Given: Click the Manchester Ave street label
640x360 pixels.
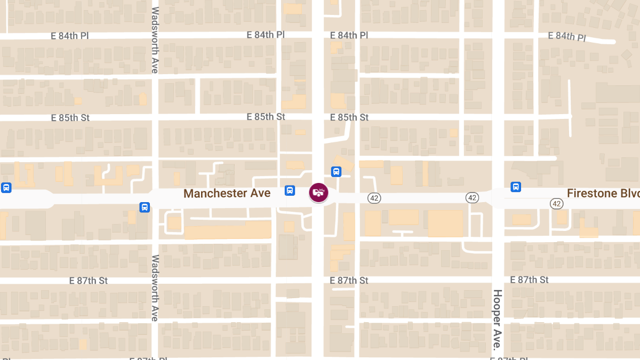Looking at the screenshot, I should [x=227, y=193].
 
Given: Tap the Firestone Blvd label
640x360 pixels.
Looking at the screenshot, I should [x=602, y=193].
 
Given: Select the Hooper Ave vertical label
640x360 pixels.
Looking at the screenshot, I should [x=497, y=319].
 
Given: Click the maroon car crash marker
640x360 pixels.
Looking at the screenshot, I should [x=318, y=193].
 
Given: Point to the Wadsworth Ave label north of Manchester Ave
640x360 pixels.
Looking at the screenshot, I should [x=155, y=40].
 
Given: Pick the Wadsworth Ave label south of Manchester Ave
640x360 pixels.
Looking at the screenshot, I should [x=155, y=287].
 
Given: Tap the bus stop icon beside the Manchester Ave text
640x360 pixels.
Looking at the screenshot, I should [x=290, y=190].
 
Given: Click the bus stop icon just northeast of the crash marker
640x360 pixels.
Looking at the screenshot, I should [x=336, y=172].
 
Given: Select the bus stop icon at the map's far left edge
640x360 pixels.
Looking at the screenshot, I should [x=6, y=188].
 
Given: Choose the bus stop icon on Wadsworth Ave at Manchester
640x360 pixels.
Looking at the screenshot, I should [x=145, y=207].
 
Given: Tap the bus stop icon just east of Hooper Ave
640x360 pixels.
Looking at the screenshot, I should [x=516, y=187].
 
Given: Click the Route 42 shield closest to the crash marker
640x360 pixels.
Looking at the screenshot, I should [x=374, y=198].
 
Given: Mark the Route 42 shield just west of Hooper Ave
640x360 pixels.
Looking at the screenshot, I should [x=471, y=198].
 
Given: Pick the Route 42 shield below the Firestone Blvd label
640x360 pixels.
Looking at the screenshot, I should [x=556, y=203].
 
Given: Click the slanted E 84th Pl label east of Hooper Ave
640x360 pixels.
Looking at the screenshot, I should [x=567, y=36].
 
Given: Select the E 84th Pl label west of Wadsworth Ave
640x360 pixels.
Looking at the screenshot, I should [x=70, y=36].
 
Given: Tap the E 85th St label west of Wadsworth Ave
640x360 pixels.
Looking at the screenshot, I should [x=70, y=118].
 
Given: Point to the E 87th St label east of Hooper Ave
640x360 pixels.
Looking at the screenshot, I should [x=529, y=280].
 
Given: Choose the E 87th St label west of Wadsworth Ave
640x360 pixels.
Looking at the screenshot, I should [x=89, y=281].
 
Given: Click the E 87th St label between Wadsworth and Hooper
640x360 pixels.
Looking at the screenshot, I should [x=349, y=281].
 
